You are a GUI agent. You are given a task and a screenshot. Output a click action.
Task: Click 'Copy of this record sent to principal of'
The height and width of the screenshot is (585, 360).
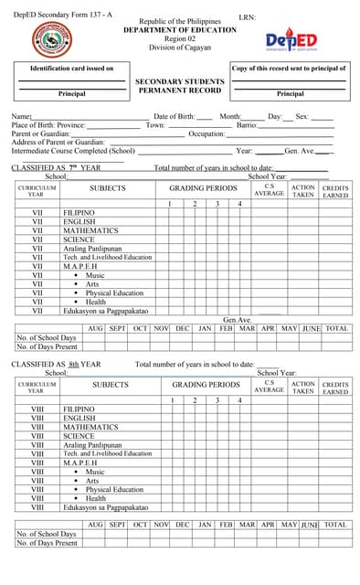(290, 69)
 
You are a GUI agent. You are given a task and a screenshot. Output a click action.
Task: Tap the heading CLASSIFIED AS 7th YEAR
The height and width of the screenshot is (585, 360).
(56, 168)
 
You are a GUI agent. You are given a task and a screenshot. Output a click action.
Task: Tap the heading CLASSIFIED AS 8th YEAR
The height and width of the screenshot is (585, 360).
(56, 364)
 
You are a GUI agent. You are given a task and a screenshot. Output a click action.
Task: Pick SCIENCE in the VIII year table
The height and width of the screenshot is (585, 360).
(79, 436)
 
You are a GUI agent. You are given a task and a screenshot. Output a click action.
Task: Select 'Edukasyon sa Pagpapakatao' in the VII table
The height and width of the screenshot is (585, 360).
(105, 311)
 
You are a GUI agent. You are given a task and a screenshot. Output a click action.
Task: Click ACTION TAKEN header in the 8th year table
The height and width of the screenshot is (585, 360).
(302, 388)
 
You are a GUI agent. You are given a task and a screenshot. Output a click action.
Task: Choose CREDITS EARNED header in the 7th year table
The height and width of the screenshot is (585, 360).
(335, 191)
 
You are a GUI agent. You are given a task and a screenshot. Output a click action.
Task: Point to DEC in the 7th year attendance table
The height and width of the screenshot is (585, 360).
(183, 327)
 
